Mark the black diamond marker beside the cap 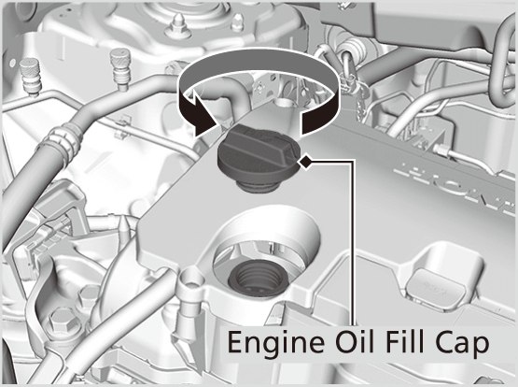click(x=305, y=162)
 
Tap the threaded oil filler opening click(x=256, y=278)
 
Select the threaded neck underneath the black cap click(x=259, y=186)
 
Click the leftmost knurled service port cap click(x=31, y=77)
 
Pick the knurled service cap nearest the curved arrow click(x=120, y=69)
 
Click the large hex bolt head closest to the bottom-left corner click(x=62, y=321)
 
